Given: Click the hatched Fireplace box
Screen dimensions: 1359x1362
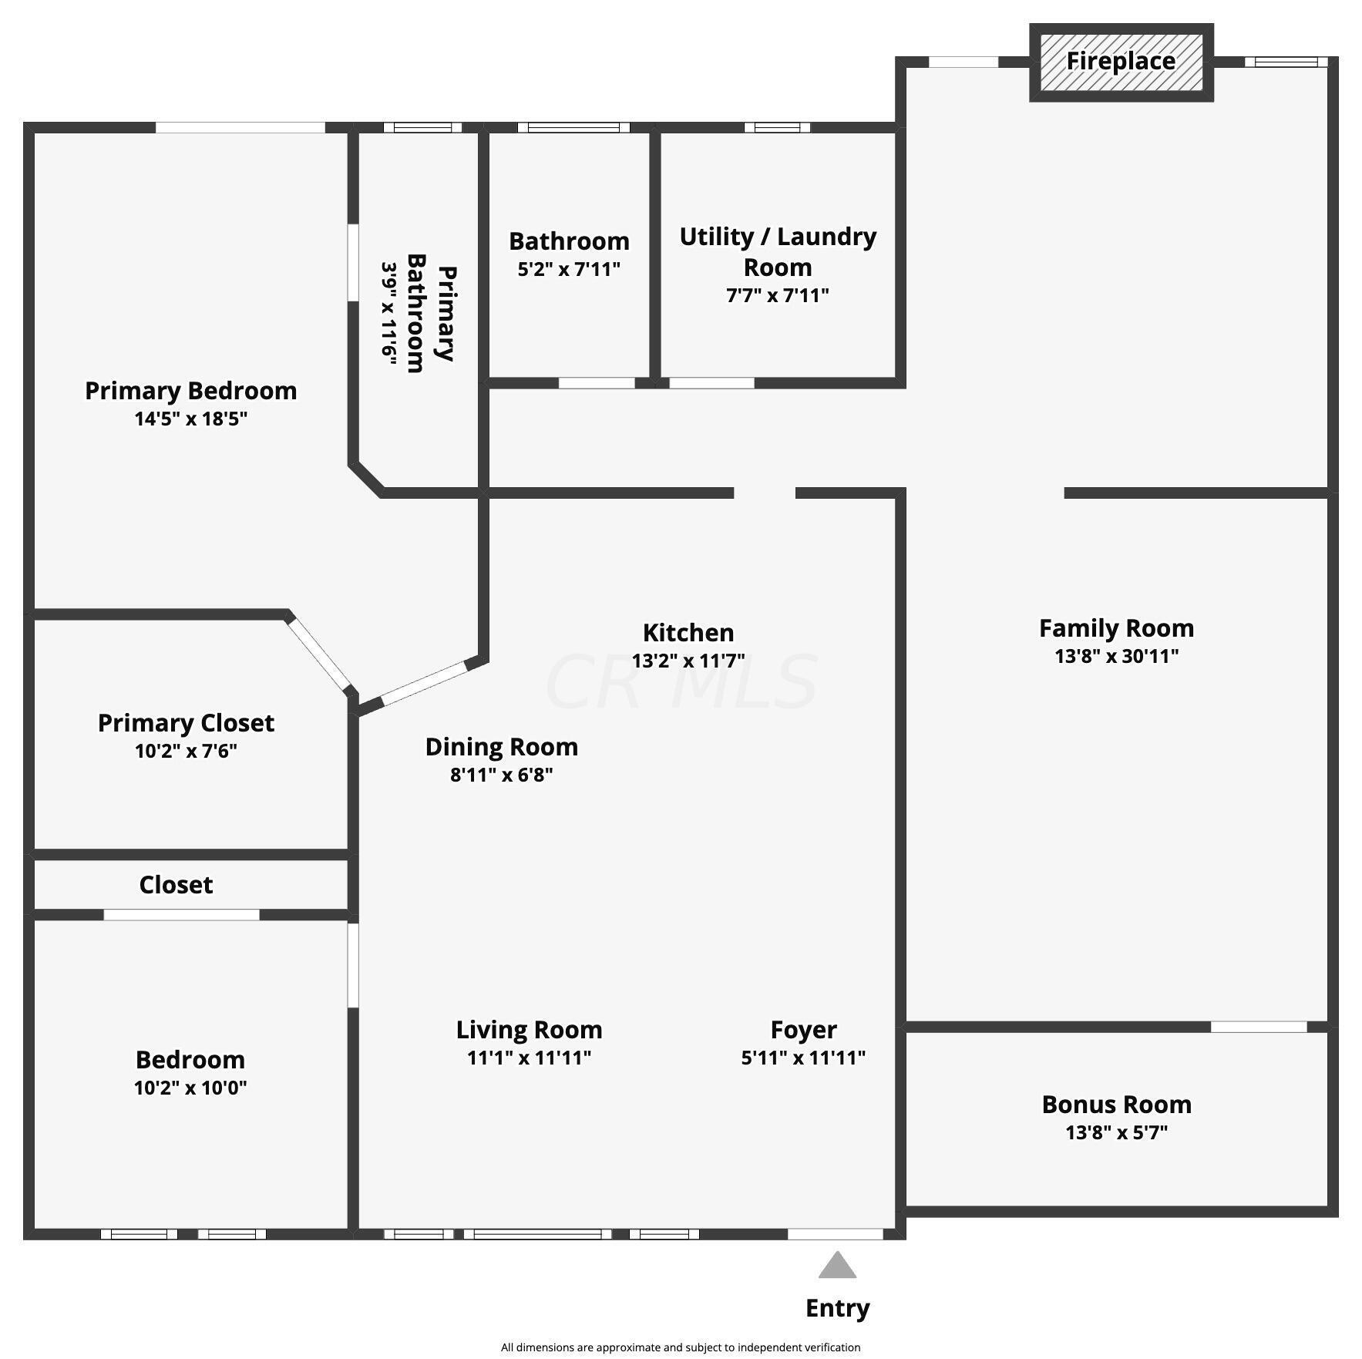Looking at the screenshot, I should (1121, 62).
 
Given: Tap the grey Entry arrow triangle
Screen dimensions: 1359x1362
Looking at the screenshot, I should (837, 1266).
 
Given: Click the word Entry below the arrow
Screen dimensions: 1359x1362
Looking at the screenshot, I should (837, 1307).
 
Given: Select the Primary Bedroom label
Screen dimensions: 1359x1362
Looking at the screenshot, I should (190, 391).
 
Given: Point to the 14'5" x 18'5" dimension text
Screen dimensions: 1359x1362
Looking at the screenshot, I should (190, 419).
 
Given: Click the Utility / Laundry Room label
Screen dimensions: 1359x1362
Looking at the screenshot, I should (778, 251).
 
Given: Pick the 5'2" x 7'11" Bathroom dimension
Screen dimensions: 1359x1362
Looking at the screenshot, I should (569, 269).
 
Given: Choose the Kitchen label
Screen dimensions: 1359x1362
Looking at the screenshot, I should (688, 633).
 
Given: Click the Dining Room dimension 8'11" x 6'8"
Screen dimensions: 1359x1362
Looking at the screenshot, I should (502, 775).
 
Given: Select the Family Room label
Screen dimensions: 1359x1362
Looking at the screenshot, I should (1116, 628).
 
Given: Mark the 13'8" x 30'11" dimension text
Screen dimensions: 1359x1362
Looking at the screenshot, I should (1116, 656).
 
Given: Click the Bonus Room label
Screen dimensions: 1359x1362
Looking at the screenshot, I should (1116, 1105).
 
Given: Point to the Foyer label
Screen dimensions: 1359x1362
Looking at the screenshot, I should (803, 1030).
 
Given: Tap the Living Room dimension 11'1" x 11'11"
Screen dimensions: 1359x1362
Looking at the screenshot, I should (529, 1058).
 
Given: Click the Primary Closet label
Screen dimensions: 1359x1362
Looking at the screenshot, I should (186, 723).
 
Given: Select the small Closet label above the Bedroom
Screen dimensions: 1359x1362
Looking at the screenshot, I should (176, 885).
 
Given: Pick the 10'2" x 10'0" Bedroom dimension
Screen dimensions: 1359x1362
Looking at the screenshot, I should (190, 1088).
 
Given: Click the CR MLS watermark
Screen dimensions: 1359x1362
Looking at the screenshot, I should (681, 682).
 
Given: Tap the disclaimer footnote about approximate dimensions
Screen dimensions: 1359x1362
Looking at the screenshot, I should (681, 1347).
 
